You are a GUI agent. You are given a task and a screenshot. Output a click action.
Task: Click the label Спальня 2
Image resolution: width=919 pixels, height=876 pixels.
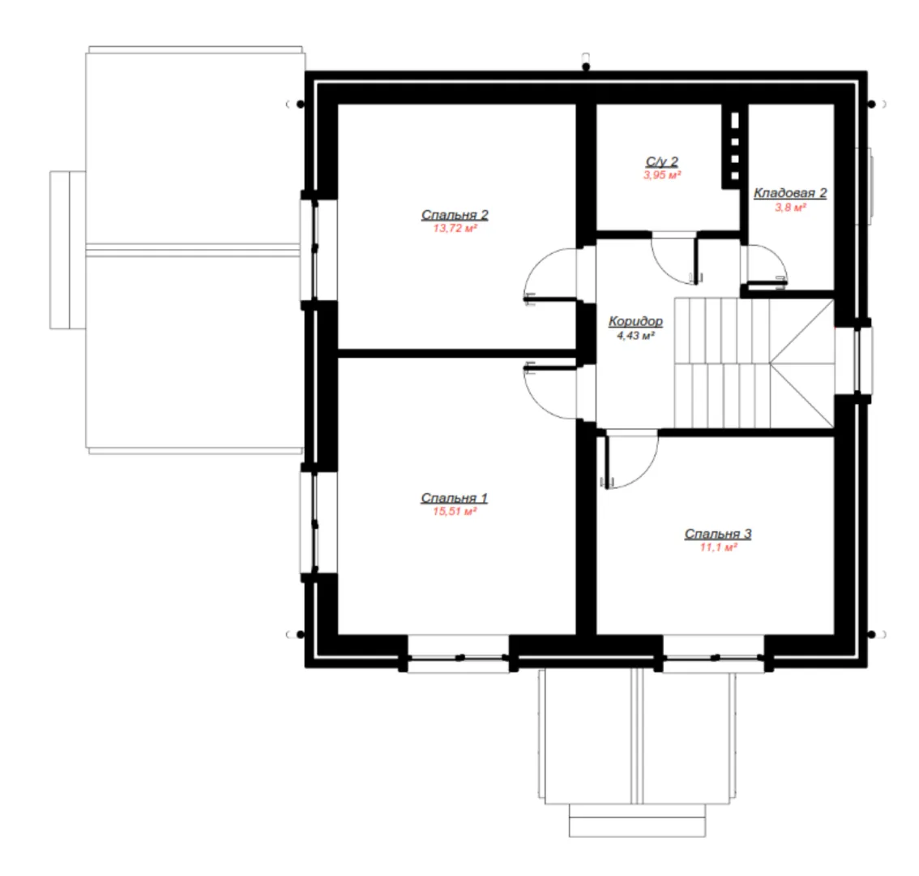(x=455, y=215)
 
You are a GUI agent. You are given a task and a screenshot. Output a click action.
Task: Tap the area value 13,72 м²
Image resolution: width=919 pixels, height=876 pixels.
(x=455, y=228)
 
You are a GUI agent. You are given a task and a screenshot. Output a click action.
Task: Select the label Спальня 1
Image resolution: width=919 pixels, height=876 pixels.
(x=454, y=498)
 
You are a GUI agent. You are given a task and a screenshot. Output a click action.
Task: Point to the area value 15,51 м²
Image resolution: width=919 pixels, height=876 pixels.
(x=454, y=512)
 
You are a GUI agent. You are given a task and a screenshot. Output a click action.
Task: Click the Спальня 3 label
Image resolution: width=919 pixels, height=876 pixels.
(x=718, y=534)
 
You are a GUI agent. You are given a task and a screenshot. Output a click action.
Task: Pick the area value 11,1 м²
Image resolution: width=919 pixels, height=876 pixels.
(x=718, y=547)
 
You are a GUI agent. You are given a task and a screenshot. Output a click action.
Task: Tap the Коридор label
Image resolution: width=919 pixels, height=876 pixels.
(x=635, y=321)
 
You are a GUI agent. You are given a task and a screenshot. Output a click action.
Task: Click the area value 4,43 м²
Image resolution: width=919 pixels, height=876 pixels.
(x=635, y=336)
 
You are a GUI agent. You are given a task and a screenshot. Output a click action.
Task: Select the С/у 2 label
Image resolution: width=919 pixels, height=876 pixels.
(x=662, y=161)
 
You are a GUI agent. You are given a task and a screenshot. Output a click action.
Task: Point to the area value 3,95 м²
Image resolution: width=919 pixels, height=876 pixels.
(x=662, y=175)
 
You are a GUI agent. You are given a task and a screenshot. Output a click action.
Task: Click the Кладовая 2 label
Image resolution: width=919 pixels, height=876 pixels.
(x=790, y=193)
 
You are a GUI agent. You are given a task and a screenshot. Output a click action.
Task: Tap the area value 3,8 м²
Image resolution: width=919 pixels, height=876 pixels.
(x=790, y=207)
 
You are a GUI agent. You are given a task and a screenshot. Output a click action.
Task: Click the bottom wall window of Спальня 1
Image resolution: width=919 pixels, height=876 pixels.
(x=458, y=655)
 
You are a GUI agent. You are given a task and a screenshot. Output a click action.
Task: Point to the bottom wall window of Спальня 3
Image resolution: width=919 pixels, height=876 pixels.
(x=713, y=655)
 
